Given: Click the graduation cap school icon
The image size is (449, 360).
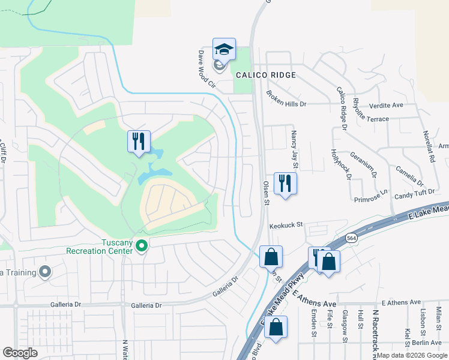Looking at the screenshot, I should (224, 49).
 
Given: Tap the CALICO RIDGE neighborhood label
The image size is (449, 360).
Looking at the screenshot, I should (266, 75).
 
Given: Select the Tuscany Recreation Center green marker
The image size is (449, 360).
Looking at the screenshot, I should (142, 245).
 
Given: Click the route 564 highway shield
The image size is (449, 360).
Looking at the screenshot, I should (352, 238).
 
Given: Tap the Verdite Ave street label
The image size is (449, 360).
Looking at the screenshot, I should (386, 104).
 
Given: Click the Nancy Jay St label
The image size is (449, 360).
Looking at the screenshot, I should (295, 145).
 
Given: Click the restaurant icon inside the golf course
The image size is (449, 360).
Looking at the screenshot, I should (139, 141).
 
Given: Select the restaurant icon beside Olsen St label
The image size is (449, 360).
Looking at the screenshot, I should (285, 182).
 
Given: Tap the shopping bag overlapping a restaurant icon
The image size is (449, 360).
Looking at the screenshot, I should (328, 260).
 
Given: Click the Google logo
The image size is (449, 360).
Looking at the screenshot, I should (20, 353).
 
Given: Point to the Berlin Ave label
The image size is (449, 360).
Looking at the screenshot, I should (427, 342).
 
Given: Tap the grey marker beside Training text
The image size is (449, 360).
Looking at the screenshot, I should (45, 272).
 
